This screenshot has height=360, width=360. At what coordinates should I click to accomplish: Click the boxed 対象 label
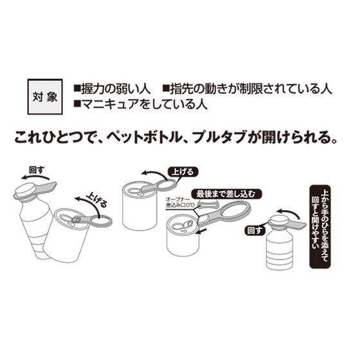42,95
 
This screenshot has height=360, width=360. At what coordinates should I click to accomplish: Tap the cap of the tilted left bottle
27,190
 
